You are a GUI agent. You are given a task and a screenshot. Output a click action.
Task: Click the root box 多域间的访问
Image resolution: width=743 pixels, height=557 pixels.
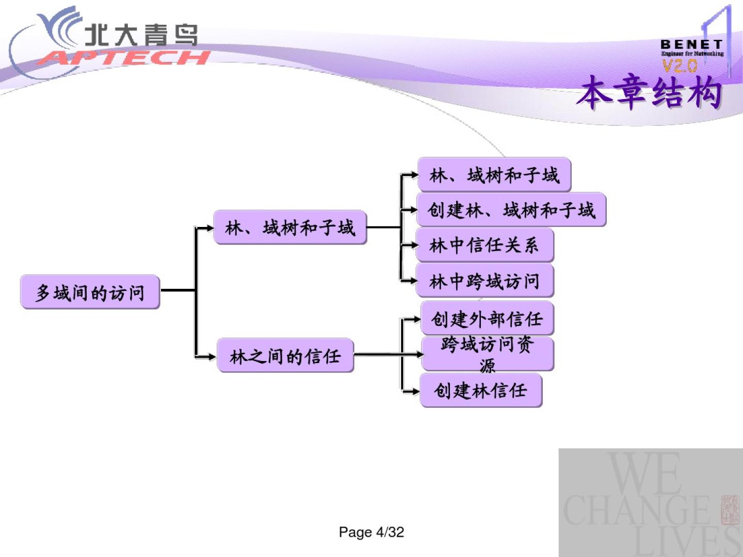pyautogui.click(x=90, y=292)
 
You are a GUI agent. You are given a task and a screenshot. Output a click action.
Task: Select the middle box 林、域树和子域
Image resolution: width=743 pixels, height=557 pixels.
pyautogui.click(x=290, y=227)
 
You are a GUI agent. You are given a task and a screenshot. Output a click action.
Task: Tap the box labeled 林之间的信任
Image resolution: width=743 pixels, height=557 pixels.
pyautogui.click(x=285, y=355)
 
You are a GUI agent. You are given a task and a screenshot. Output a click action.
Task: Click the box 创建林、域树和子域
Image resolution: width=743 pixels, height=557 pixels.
pyautogui.click(x=511, y=210)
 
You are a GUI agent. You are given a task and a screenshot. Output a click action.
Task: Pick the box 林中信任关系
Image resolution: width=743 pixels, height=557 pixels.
pyautogui.click(x=484, y=245)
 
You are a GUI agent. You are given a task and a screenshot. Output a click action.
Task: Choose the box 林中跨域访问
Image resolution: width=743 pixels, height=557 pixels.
pyautogui.click(x=484, y=281)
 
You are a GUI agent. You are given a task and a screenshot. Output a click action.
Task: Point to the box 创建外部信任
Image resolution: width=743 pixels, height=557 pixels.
pyautogui.click(x=487, y=319)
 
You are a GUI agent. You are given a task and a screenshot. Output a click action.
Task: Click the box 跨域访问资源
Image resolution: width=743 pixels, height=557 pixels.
pyautogui.click(x=487, y=354)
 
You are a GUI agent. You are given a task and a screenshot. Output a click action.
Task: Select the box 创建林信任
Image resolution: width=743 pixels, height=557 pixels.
pyautogui.click(x=480, y=390)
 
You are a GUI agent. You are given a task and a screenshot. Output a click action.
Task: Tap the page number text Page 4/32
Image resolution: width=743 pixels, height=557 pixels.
pyautogui.click(x=371, y=532)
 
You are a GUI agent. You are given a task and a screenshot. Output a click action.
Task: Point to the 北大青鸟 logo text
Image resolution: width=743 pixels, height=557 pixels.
pyautogui.click(x=140, y=35)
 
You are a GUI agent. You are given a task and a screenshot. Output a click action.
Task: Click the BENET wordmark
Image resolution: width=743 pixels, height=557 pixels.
pyautogui.click(x=691, y=44)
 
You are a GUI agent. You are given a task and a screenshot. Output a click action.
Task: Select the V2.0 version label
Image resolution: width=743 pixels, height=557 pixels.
pyautogui.click(x=680, y=65)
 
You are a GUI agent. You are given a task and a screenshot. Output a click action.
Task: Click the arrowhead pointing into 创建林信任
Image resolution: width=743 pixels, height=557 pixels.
pyautogui.click(x=415, y=391)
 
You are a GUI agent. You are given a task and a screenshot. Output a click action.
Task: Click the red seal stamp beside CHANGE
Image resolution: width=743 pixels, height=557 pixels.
pyautogui.click(x=730, y=510)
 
